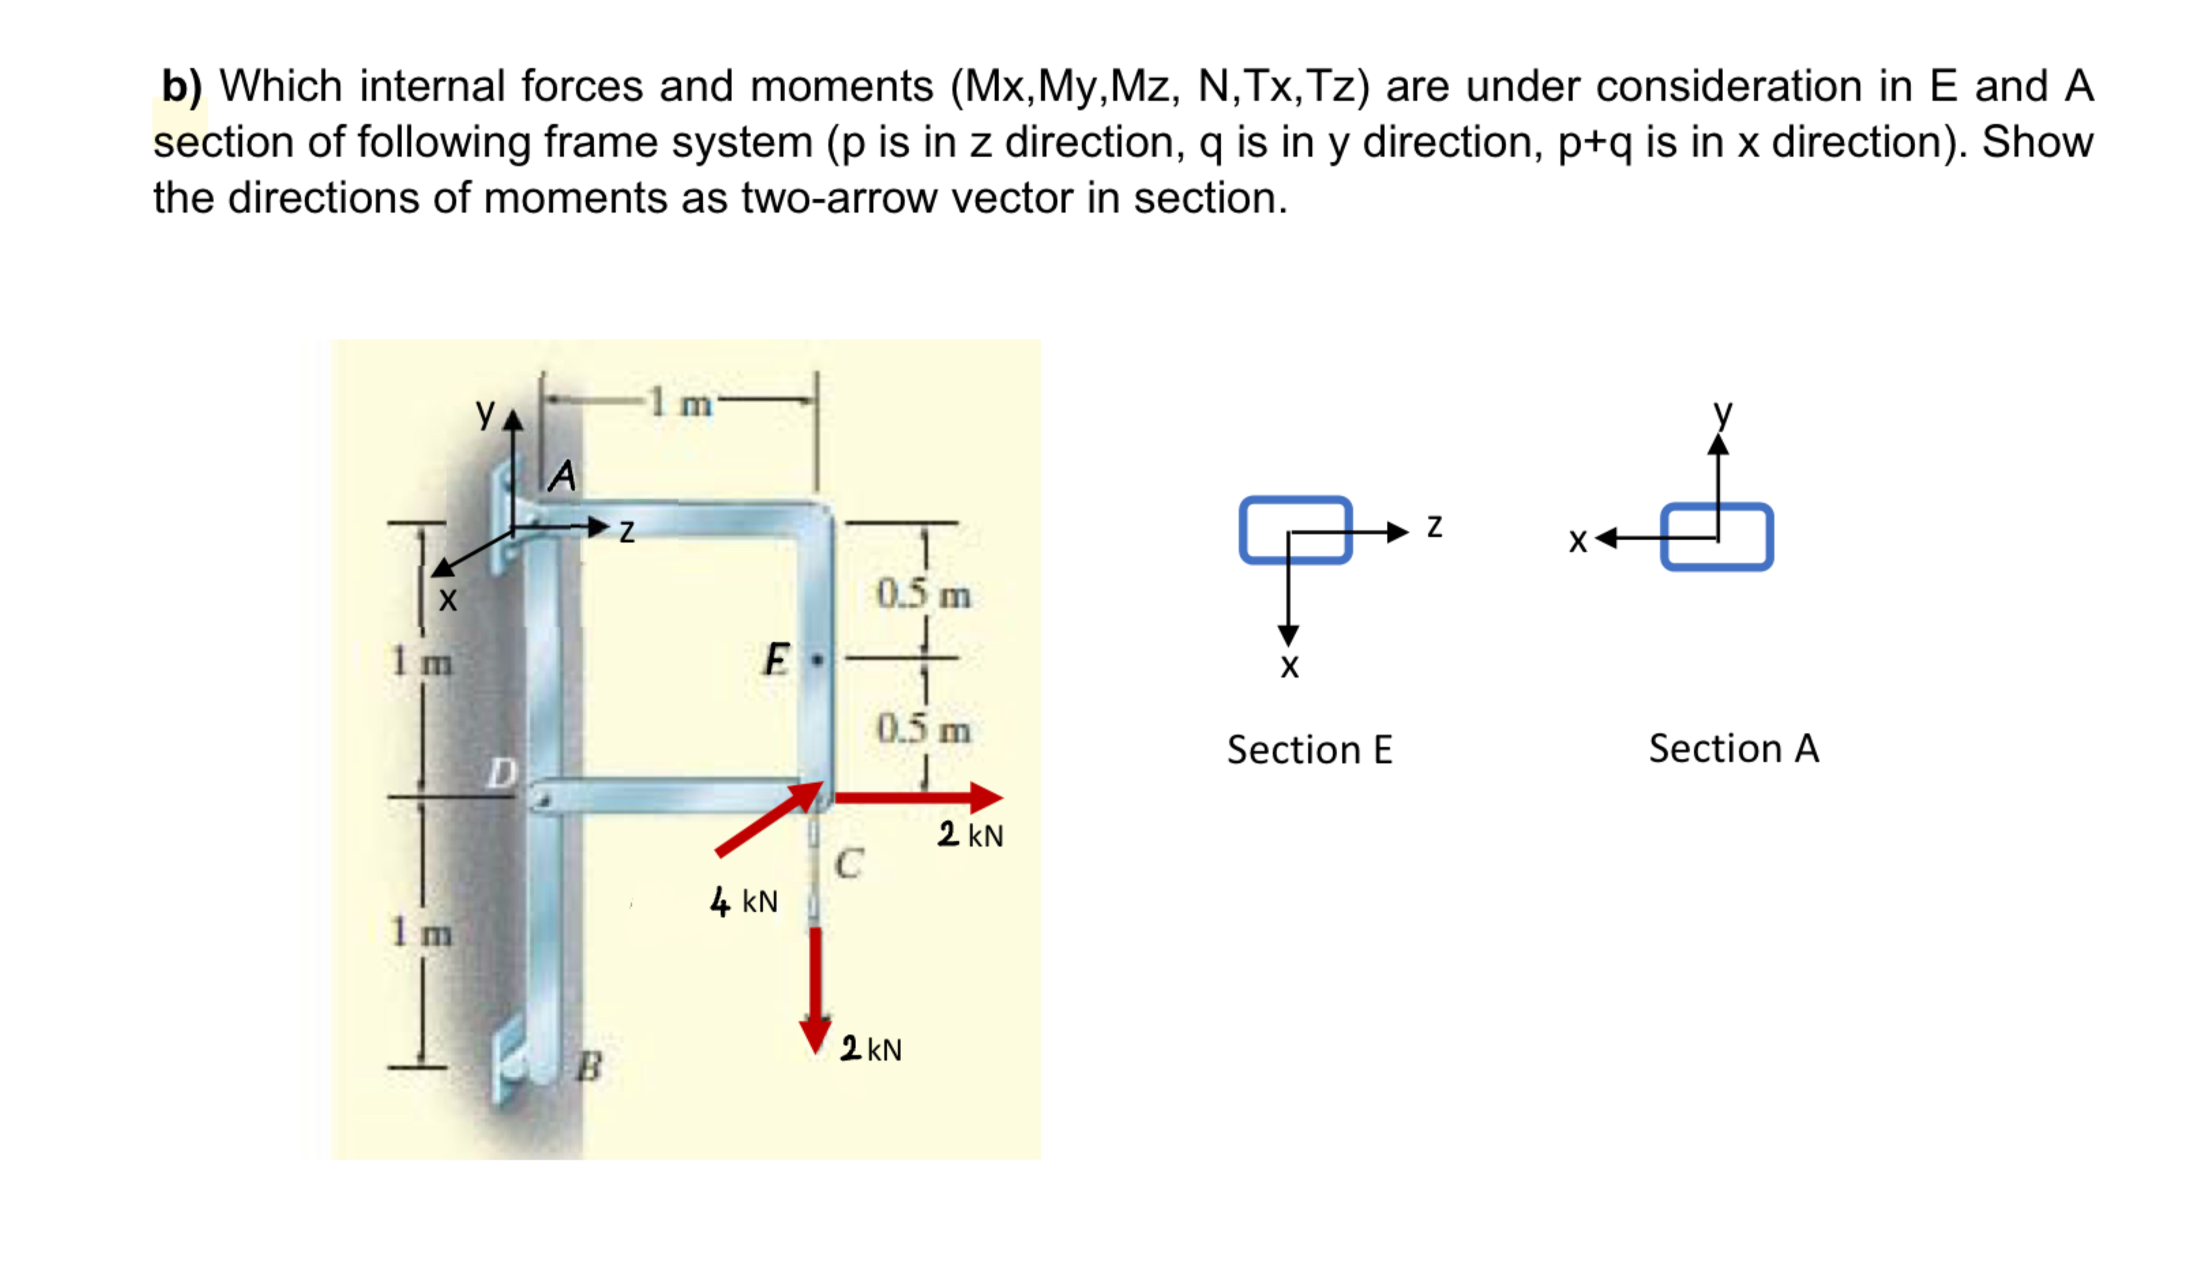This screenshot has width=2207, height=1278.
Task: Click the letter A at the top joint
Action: [562, 476]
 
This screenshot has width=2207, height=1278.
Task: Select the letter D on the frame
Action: [502, 772]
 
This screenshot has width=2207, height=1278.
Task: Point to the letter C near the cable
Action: [848, 864]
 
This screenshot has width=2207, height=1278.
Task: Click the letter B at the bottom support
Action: [590, 1067]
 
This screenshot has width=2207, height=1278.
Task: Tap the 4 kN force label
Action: [744, 900]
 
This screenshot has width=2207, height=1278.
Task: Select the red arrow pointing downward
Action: [815, 990]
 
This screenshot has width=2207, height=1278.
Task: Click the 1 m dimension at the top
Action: [680, 403]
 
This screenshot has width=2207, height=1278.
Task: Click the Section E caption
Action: [1309, 750]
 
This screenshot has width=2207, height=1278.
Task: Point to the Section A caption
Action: [1733, 748]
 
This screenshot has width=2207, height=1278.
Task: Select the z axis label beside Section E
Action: [1433, 526]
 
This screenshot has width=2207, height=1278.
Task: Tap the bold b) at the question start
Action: [181, 86]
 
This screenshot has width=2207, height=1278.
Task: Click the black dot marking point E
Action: [818, 658]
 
